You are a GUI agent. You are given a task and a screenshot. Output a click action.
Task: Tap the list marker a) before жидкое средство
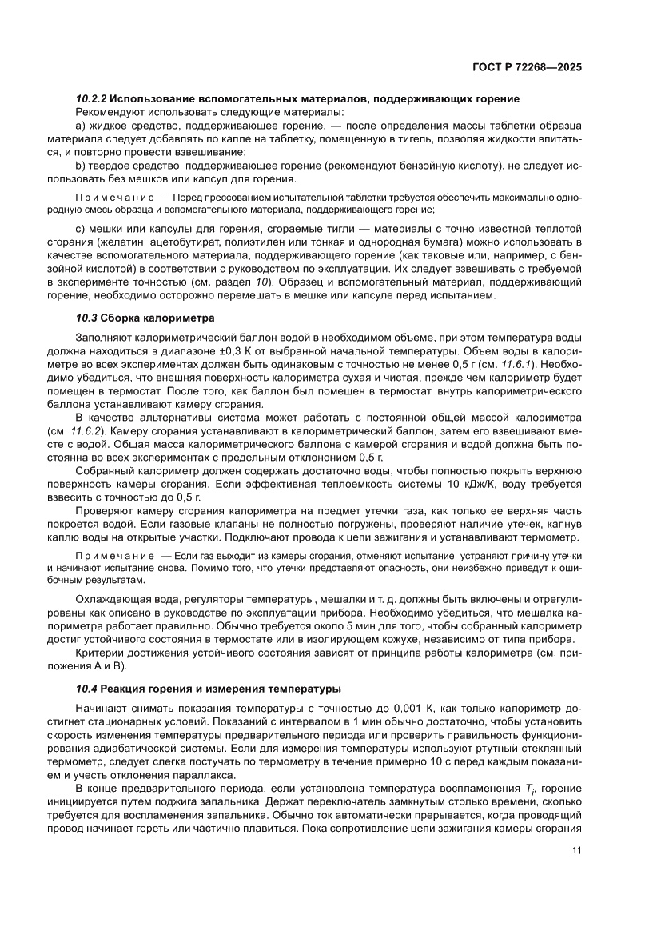pos(80,126)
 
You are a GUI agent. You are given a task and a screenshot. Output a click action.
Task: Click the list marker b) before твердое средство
pos(80,165)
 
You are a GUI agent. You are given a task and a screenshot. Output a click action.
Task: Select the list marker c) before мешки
pos(80,229)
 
